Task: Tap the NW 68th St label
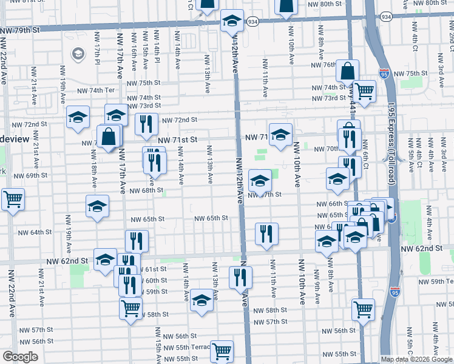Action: point(146,190)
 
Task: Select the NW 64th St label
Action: point(35,232)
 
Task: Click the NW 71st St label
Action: point(178,140)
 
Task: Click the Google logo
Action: point(20,357)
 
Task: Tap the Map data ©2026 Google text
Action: point(417,359)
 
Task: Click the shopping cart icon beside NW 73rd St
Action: point(364,90)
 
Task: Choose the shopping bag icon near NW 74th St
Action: point(348,70)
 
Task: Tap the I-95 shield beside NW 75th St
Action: point(384,74)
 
